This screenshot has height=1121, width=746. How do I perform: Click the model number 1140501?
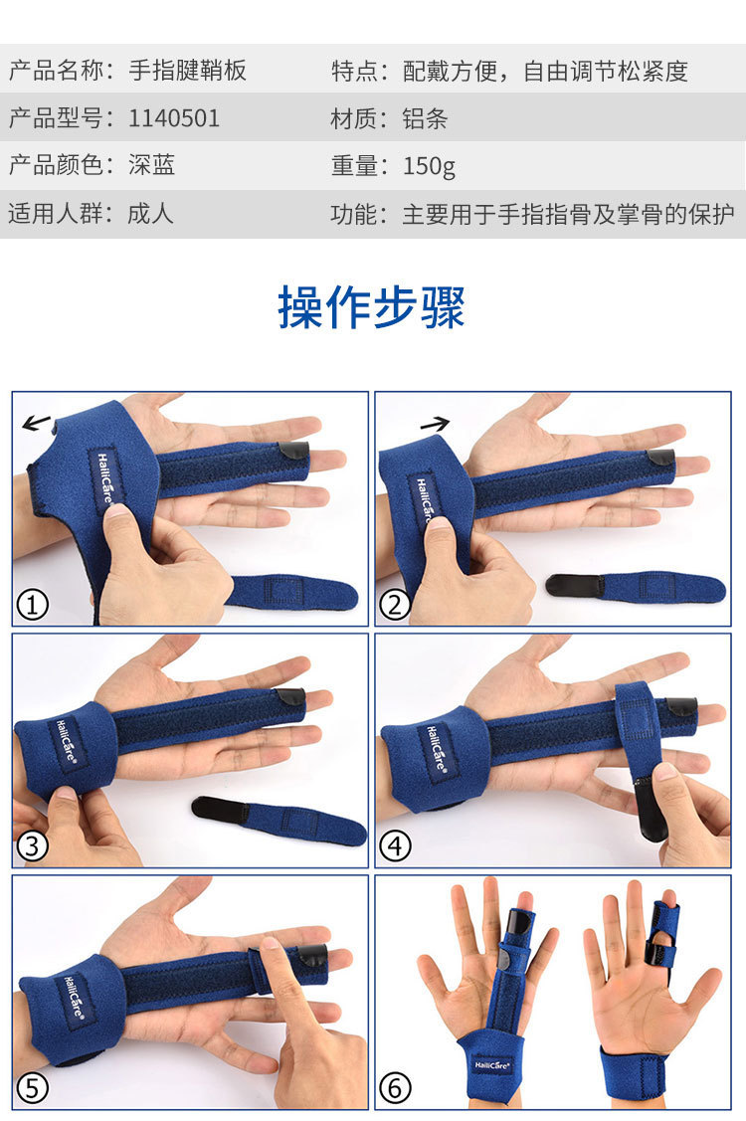[x=174, y=118]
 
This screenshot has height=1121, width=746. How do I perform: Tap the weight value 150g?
[x=429, y=166]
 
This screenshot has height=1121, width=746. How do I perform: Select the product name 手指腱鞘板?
[x=187, y=70]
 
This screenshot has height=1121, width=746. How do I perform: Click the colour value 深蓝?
[x=151, y=165]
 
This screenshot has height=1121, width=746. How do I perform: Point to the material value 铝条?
[x=425, y=118]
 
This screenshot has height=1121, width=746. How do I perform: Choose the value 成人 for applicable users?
[x=151, y=213]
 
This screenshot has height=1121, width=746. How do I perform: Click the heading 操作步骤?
[x=372, y=307]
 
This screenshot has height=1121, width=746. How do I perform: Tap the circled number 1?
[x=32, y=606]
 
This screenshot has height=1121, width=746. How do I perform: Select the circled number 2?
[x=395, y=606]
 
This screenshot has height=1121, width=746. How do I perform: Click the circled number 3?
[x=32, y=846]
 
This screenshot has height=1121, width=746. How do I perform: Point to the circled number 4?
[x=395, y=846]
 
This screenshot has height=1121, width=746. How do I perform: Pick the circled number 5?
[x=32, y=1088]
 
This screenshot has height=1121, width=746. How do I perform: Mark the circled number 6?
[x=395, y=1088]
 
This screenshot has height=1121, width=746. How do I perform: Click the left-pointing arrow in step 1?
[x=37, y=423]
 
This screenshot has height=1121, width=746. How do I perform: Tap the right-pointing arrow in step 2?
[x=435, y=426]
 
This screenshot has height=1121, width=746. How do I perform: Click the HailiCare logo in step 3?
[x=67, y=743]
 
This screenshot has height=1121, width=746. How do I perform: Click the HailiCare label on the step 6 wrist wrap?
[x=492, y=1065]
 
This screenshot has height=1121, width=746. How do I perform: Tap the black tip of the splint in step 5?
[x=312, y=956]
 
